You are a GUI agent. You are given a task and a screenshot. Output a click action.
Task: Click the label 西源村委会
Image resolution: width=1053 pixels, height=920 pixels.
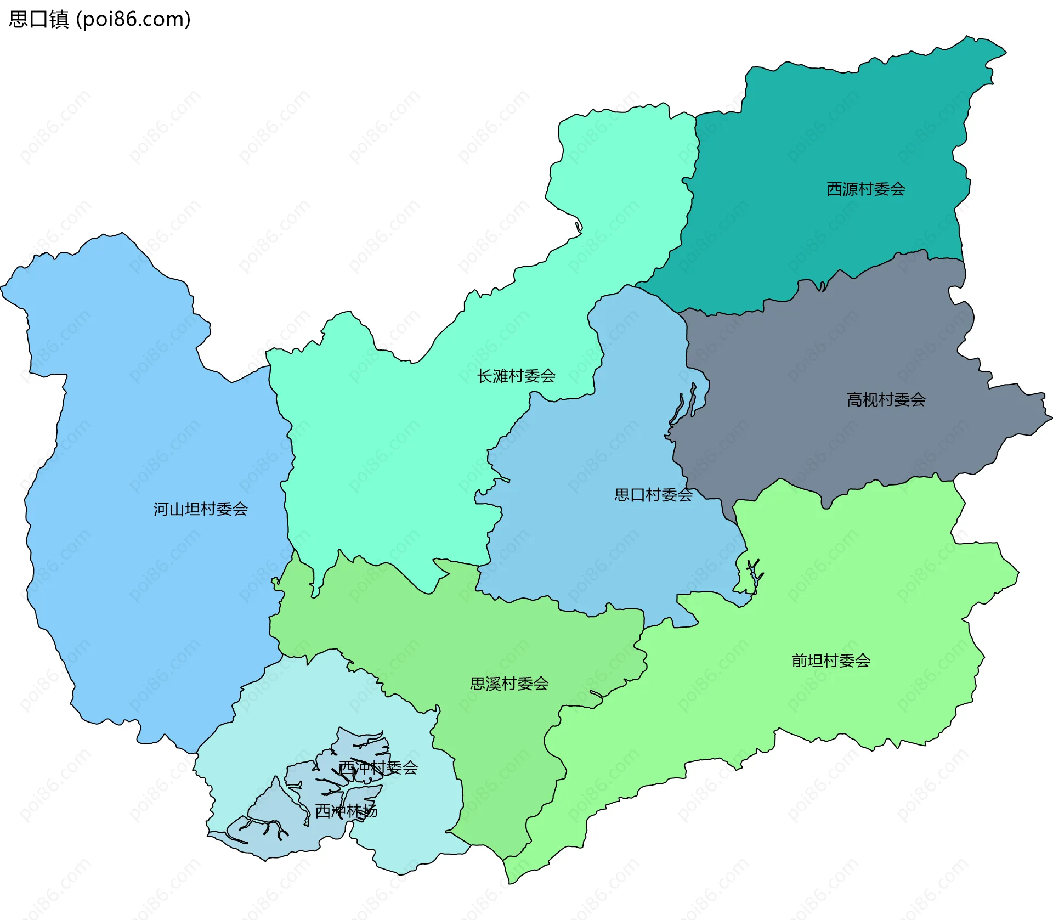click(865, 189)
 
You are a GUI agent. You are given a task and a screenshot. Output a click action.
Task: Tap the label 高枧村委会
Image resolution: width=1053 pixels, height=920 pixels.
click(886, 399)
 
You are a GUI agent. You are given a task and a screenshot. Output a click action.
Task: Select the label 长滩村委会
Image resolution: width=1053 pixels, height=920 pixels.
click(516, 376)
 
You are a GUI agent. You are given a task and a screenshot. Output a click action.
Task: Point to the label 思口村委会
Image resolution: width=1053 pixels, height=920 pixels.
click(653, 495)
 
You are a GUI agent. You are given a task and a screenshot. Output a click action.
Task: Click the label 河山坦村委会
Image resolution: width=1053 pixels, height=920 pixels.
click(200, 509)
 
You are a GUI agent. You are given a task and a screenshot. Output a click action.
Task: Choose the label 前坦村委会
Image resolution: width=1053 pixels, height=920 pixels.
click(830, 661)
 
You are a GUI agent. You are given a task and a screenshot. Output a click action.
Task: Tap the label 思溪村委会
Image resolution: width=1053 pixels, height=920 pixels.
click(509, 684)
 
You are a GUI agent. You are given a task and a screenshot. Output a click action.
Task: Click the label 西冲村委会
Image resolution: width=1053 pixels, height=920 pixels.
click(378, 767)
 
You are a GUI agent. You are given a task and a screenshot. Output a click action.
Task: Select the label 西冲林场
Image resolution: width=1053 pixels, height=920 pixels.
click(346, 811)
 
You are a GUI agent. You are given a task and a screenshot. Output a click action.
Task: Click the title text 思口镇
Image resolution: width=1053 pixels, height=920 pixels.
click(38, 19)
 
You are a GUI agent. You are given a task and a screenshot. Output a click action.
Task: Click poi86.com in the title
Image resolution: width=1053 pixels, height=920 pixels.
click(133, 19)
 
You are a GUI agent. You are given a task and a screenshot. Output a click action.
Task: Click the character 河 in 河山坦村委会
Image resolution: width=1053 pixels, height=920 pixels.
click(161, 509)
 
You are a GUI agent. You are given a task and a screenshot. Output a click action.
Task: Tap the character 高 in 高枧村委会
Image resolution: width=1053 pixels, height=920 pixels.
click(854, 399)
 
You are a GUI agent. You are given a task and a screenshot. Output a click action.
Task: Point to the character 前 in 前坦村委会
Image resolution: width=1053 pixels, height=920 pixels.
click(799, 661)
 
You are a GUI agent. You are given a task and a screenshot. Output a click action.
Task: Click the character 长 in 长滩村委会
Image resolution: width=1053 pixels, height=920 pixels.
click(484, 376)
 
